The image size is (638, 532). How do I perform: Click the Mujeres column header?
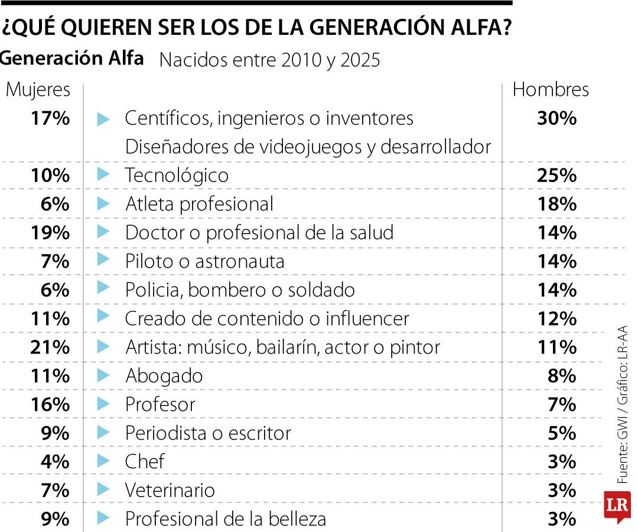[38, 90]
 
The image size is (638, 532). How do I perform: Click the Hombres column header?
[551, 89]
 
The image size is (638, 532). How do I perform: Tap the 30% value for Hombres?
[556, 118]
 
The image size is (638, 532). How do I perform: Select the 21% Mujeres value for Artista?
[50, 347]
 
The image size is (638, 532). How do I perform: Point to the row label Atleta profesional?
[200, 204]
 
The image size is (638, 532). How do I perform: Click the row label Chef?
[145, 461]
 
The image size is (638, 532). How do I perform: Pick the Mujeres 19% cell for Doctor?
[50, 232]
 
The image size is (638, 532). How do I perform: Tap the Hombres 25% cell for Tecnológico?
[556, 175]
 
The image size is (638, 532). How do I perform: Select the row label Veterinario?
[170, 490]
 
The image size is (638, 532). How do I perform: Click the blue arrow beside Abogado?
[103, 375]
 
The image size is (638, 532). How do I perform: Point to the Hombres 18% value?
[556, 204]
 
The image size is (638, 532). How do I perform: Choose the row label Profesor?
[160, 404]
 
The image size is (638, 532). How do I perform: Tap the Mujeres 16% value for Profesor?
[50, 404]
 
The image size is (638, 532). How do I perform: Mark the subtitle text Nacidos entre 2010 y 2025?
[270, 60]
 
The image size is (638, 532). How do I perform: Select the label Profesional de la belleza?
[226, 519]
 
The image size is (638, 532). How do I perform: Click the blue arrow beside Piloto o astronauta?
[103, 260]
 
